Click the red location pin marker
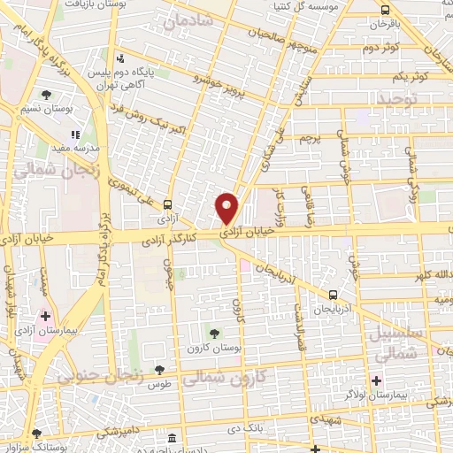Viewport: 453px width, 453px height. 227,207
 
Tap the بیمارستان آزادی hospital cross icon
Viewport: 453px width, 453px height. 45,315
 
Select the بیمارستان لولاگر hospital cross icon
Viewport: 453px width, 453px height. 376,381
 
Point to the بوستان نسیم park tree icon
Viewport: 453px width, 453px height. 46,93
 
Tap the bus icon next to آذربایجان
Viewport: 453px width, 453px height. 332,295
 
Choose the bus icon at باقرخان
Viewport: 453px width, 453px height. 383,11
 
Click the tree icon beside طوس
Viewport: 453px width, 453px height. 159,371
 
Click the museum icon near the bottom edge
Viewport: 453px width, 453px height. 171,438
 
